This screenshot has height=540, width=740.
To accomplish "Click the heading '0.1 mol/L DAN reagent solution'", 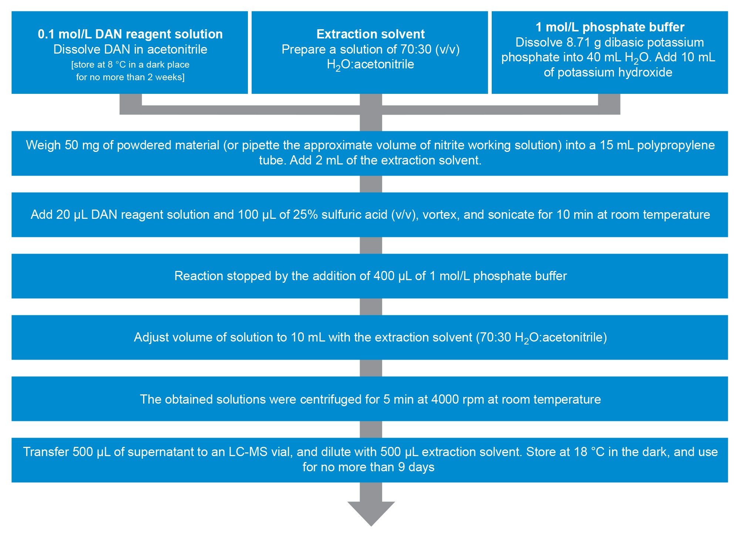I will (x=130, y=34).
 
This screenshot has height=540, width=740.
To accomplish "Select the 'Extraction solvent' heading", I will (x=370, y=34).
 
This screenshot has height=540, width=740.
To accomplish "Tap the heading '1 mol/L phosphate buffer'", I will (x=610, y=27).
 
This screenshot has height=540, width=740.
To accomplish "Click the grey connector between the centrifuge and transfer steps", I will (x=371, y=429).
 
